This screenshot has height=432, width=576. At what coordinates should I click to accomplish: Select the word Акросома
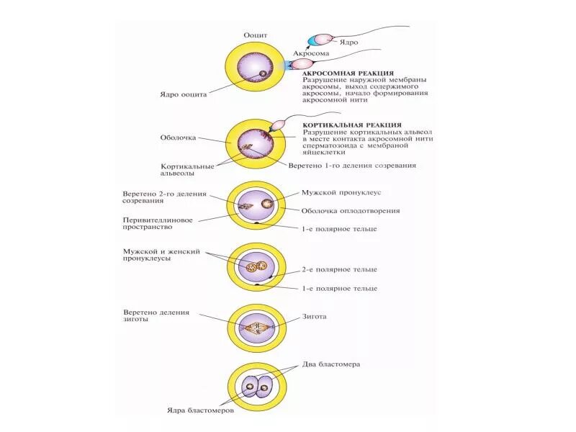311,54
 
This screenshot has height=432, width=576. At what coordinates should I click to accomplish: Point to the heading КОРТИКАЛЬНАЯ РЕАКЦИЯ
352,125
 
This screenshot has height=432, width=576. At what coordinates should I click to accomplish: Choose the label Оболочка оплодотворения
350,211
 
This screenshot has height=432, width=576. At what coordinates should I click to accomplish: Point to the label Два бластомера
332,364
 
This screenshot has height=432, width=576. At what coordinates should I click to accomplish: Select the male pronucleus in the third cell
268,205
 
